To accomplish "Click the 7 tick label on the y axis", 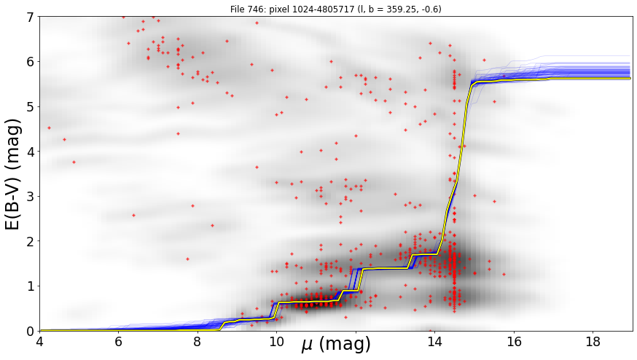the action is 31,17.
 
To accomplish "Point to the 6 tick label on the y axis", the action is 31,62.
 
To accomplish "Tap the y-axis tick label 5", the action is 31,107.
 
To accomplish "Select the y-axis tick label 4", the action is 31,152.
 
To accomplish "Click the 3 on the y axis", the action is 31,197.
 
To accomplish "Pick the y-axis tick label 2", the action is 31,241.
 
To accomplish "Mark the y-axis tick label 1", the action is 31,286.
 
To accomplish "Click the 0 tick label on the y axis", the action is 31,331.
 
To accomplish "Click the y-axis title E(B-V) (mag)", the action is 13,174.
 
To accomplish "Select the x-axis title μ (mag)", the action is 336,345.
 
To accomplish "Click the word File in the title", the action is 238,9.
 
